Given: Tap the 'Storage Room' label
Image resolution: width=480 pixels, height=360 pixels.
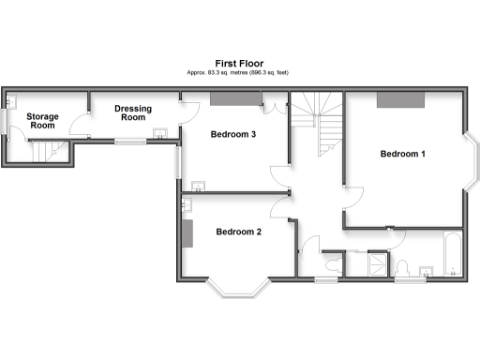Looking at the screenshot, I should point(43,121).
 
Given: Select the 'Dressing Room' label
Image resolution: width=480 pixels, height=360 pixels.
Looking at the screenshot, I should point(133,113).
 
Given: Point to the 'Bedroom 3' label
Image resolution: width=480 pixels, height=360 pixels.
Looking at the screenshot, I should point(233,135).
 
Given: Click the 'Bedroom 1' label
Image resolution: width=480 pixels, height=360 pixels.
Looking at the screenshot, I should point(403,154).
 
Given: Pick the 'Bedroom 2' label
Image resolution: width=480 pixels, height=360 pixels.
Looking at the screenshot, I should point(238,232).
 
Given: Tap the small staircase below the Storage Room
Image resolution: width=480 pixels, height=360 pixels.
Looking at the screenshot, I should point(52,150).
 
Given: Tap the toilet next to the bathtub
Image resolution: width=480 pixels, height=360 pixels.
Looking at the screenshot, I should point(404,265).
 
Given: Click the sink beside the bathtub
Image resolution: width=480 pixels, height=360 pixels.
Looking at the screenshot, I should point(427,272).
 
